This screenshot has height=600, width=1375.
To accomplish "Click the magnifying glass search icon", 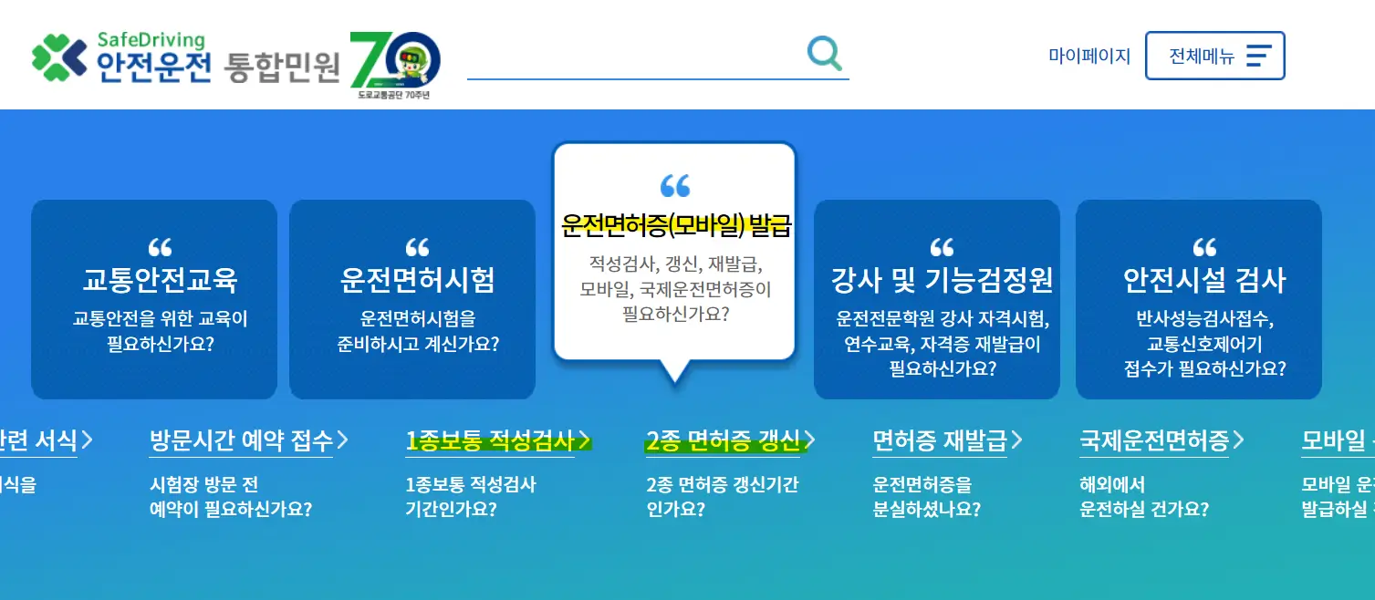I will [x=825, y=54].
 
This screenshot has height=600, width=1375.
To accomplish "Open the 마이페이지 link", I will [x=1089, y=57].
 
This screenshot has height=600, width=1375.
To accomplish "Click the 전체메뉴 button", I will [x=1214, y=57].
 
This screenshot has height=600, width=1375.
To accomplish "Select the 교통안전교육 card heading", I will [x=161, y=280].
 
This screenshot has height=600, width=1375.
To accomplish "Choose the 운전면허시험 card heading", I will [x=417, y=280].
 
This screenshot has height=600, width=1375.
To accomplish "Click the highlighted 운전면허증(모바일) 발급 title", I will [x=675, y=225].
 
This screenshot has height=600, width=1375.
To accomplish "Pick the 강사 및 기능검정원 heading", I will [x=942, y=280].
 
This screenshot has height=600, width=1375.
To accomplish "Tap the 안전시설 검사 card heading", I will [x=1204, y=280].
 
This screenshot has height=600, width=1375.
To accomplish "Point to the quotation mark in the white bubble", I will [x=675, y=186].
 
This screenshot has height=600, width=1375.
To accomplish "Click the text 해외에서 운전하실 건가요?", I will [x=1143, y=497].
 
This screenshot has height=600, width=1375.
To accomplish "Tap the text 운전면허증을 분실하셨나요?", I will [x=926, y=497].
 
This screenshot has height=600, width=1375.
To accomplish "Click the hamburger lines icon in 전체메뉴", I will [x=1258, y=57].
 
